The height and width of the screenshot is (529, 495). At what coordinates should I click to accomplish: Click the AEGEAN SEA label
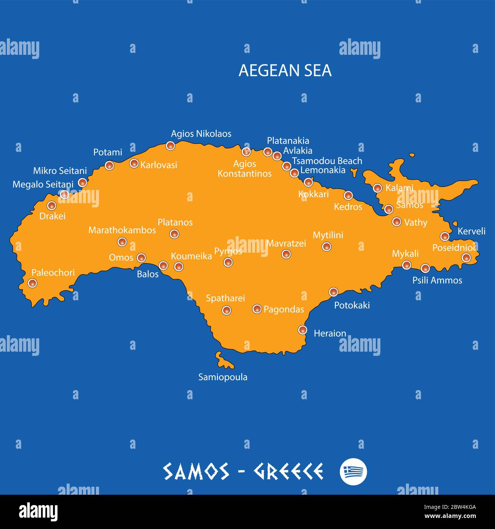pos(285,70)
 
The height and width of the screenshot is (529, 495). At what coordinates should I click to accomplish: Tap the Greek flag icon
pos(353,472)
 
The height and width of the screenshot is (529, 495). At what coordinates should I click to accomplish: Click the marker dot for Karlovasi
pos(134,163)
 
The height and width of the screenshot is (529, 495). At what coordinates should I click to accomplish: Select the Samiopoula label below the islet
pos(223,377)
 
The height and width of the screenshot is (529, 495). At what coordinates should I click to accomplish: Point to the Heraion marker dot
pos(303,330)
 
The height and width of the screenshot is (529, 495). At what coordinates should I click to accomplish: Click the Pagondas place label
pos(284,309)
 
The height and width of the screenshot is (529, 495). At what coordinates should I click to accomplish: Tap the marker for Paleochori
pos(33,283)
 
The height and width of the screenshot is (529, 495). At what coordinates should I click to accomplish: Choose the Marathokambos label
pos(122,230)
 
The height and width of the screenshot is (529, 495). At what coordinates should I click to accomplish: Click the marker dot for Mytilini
pos(326,247)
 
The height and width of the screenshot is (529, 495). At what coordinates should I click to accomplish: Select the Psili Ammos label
pos(437,280)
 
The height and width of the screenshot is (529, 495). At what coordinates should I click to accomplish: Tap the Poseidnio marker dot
pos(466,258)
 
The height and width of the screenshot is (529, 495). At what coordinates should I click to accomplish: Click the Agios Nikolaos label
pos(201,134)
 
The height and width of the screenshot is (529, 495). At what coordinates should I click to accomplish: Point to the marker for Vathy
pos(397,221)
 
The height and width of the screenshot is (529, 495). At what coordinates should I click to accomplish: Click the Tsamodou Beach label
pos(327,161)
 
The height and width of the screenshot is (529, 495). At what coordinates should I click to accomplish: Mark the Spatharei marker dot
pos(227,311)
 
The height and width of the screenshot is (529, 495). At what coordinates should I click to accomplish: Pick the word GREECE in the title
pos(288,472)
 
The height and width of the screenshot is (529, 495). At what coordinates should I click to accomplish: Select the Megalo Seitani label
pos(43,185)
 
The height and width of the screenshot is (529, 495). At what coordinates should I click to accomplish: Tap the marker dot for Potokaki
pos(334,292)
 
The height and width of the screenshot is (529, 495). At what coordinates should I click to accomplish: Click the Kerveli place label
pos(471,231)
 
